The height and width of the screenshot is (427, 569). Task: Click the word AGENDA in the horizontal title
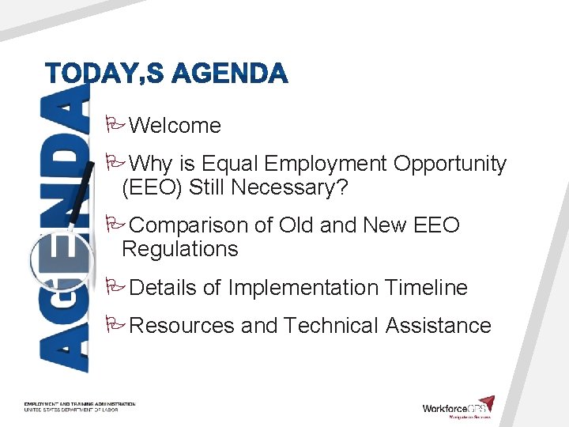230,74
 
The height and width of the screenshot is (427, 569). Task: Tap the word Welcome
175,126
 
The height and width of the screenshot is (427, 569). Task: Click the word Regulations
179,249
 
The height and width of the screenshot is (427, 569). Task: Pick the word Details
163,288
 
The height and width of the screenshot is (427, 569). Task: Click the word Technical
331,326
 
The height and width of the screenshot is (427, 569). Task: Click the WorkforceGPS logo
458,407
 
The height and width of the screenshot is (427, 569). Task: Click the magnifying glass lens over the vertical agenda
57,260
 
